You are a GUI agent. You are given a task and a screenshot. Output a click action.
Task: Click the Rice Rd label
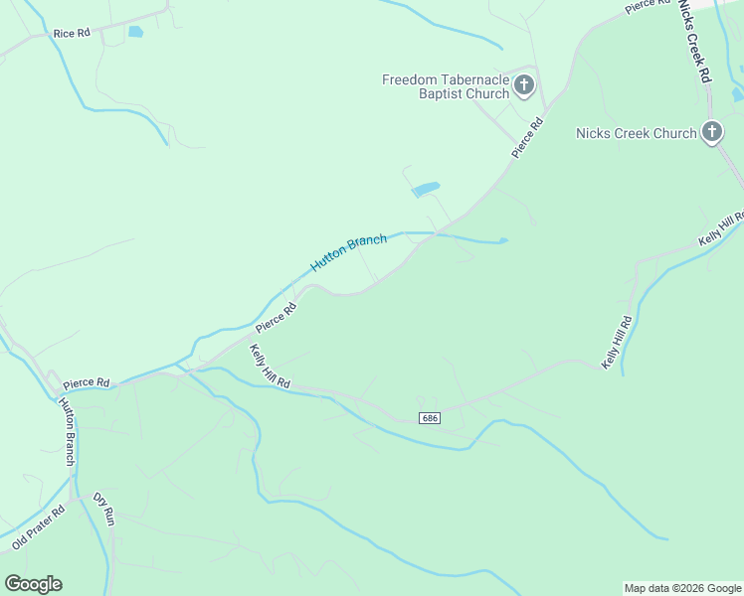pyautogui.click(x=72, y=33)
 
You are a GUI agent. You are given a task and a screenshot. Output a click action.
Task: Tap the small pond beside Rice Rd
pyautogui.click(x=135, y=32)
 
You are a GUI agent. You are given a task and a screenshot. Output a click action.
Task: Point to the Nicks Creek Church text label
pyautogui.click(x=636, y=133)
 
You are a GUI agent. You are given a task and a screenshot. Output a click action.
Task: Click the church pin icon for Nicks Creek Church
pyautogui.click(x=711, y=131)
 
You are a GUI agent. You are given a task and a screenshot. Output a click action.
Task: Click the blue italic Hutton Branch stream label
pyautogui.click(x=348, y=253)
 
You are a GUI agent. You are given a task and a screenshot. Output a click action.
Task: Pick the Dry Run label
pyautogui.click(x=104, y=509)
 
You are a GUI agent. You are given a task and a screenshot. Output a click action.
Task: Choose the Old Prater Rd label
pyautogui.click(x=38, y=528)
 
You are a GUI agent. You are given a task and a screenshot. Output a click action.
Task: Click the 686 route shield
pyautogui.click(x=429, y=418)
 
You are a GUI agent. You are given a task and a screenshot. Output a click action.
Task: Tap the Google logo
pyautogui.click(x=33, y=584)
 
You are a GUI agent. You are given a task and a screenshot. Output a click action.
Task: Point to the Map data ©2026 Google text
pyautogui.click(x=682, y=588)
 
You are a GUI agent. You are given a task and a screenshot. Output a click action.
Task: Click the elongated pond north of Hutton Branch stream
pyautogui.click(x=425, y=189)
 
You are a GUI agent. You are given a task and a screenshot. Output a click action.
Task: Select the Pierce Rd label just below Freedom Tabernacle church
pyautogui.click(x=528, y=138)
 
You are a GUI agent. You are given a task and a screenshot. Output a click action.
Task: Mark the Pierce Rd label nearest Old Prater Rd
pyautogui.click(x=86, y=382)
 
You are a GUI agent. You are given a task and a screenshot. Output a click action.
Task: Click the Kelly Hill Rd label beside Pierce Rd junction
pyautogui.click(x=270, y=367)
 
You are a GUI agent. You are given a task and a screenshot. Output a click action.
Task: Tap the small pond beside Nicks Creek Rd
pyautogui.click(x=737, y=94)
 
